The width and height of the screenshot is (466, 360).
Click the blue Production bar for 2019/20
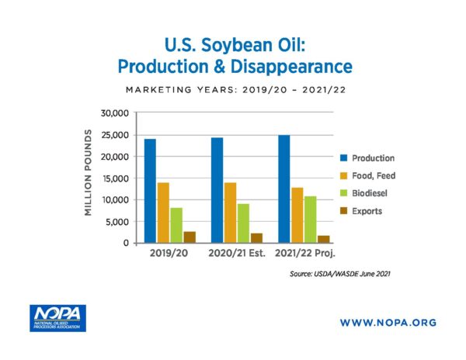(150, 191)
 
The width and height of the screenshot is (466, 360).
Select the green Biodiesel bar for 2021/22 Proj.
(310, 220)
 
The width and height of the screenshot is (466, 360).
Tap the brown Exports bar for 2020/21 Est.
(256, 238)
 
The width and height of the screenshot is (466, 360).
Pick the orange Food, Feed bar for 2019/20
(163, 213)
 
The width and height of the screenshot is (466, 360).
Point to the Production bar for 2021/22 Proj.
(284, 189)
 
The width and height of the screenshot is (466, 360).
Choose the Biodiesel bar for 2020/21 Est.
(243, 223)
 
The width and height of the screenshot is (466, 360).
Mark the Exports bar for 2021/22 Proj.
(324, 239)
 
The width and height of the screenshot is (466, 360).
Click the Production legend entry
(367, 158)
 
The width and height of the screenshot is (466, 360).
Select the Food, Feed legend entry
(367, 175)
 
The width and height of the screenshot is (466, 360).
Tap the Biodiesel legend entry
(363, 193)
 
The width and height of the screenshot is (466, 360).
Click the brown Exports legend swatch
(343, 211)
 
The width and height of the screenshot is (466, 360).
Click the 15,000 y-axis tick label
(115, 178)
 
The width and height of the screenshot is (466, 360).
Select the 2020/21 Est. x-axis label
(237, 253)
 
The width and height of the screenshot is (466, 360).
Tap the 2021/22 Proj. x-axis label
(305, 254)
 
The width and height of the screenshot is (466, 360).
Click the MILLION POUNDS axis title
(88, 172)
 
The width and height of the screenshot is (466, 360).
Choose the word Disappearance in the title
(291, 67)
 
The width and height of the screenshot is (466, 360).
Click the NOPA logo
(57, 318)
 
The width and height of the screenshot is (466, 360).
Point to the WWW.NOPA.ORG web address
(388, 323)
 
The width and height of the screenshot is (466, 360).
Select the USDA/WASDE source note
(340, 274)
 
